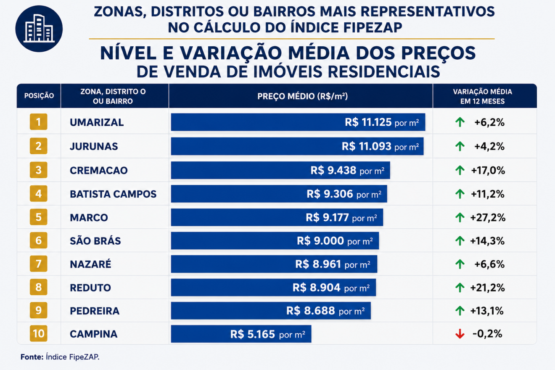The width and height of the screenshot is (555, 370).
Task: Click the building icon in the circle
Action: (x=39, y=29)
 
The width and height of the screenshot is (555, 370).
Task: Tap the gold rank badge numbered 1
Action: (x=38, y=122)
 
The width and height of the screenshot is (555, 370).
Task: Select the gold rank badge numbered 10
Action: (x=38, y=333)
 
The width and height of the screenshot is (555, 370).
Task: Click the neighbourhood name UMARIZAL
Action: (x=97, y=122)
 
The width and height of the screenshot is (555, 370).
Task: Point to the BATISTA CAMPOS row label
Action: (x=113, y=194)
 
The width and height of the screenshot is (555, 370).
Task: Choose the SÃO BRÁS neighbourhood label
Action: (x=95, y=240)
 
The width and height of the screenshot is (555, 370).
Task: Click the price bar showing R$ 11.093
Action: (x=297, y=146)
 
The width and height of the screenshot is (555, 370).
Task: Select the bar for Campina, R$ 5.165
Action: (x=241, y=334)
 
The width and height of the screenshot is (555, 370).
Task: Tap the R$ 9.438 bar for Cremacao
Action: (x=280, y=170)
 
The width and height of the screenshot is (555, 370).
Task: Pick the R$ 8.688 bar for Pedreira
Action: (x=271, y=311)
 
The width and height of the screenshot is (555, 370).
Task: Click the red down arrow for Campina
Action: (x=460, y=334)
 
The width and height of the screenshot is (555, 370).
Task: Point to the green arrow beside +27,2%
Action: (x=460, y=218)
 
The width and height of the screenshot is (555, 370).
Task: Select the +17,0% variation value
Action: (x=488, y=171)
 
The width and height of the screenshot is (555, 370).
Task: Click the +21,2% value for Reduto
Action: (x=487, y=288)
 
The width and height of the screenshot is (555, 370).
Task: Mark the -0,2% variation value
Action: (x=487, y=334)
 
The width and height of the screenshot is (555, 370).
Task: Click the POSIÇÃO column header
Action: (x=39, y=96)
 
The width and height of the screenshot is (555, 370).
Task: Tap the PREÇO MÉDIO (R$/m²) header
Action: (x=303, y=96)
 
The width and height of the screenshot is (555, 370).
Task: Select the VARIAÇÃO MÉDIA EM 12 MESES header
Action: (x=482, y=96)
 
